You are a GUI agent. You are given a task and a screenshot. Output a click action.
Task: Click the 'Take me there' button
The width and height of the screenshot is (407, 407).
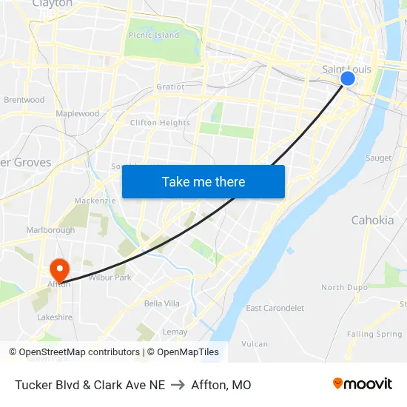[x=203, y=181]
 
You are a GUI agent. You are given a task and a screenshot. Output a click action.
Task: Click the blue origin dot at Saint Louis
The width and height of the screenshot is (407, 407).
[x=348, y=78]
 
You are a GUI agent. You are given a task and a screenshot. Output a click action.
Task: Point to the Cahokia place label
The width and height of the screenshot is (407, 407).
[x=372, y=220]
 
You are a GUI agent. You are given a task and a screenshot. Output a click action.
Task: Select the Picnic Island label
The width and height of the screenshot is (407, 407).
[x=154, y=35]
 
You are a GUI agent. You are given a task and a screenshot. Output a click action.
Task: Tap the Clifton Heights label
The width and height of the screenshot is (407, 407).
[x=160, y=123]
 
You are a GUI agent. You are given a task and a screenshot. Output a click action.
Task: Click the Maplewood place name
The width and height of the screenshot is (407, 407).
[x=77, y=114]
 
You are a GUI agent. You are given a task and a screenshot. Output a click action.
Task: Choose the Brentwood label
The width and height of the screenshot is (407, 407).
[x=24, y=100]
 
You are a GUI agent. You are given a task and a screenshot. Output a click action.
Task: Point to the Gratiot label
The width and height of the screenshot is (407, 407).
[x=170, y=87]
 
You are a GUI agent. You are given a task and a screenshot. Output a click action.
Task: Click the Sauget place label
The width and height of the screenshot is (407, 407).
[x=378, y=158]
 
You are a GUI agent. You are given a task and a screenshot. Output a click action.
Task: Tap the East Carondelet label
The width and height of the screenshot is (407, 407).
[x=275, y=308]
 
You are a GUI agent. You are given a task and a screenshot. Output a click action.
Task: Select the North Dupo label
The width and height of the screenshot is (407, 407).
[x=344, y=287]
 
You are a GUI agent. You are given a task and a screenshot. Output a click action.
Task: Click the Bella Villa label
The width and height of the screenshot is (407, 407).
[x=161, y=303]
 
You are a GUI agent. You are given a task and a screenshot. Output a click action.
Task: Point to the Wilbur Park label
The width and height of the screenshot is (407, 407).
[x=110, y=277]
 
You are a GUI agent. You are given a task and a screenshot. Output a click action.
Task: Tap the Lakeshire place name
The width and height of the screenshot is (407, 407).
[x=55, y=317]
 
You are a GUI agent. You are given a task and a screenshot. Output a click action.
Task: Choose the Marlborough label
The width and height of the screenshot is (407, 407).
[x=50, y=230]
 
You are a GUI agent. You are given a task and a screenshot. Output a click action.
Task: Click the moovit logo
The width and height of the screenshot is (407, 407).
[x=362, y=383]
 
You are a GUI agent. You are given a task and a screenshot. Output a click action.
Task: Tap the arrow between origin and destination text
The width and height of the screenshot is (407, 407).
[x=178, y=385]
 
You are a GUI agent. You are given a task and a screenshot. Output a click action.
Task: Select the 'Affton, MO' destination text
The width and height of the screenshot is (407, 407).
[x=221, y=385]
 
